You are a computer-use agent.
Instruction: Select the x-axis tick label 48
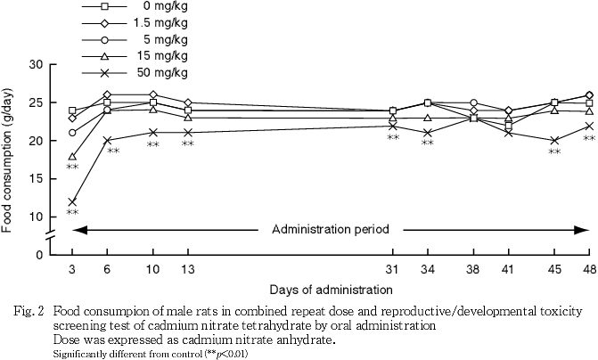coord(588,270)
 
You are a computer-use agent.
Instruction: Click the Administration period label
coord(330,229)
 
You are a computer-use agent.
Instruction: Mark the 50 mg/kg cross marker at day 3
coord(72,201)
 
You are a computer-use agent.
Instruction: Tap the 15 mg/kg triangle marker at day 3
coord(72,156)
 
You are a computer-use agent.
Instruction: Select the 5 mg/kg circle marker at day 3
coord(72,133)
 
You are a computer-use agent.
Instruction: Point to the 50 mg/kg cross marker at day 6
coord(107,141)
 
